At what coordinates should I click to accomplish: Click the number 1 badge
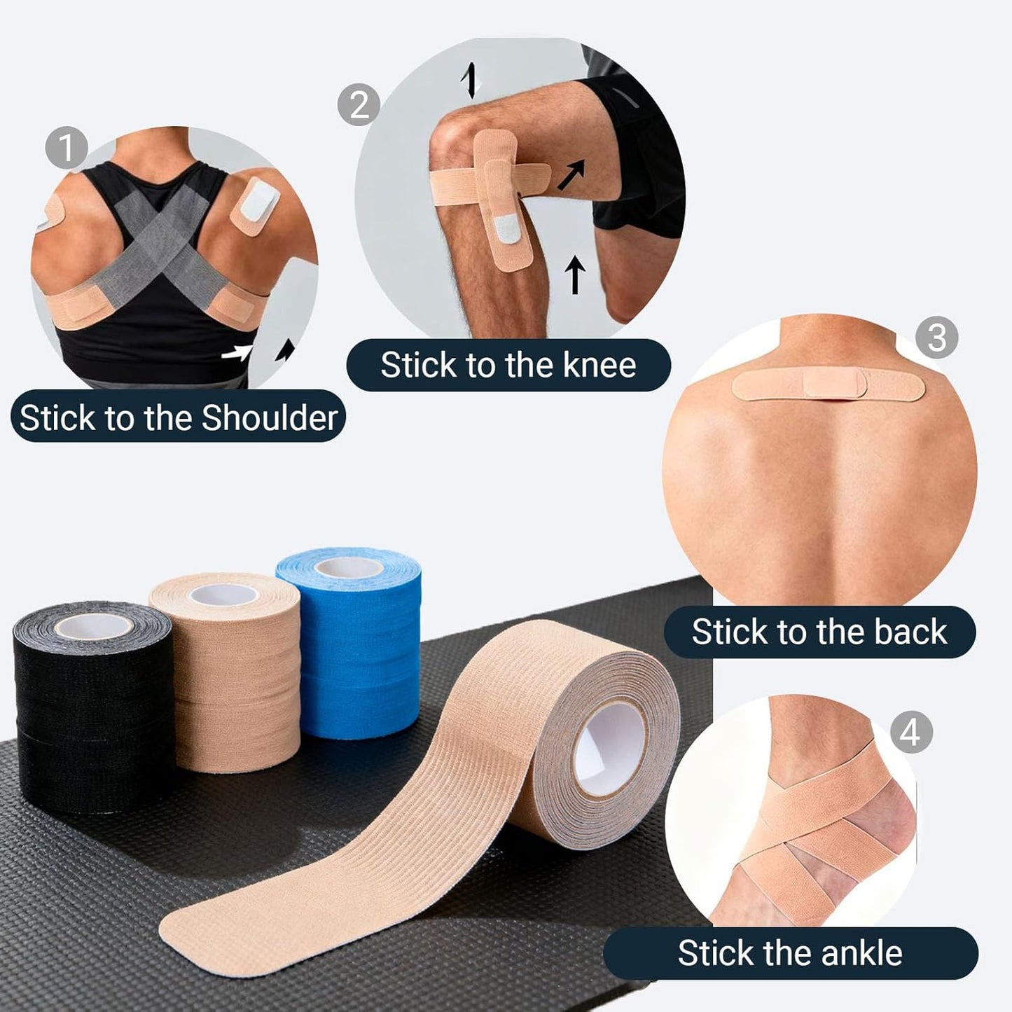click(x=66, y=148)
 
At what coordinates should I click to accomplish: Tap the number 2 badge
click(x=359, y=105)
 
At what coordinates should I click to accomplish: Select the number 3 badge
click(x=936, y=338)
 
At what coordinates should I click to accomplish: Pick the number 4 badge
click(x=910, y=733)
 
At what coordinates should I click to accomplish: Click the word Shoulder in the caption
click(x=270, y=418)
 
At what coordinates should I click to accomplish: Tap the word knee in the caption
click(x=599, y=365)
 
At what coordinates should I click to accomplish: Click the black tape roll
click(x=93, y=707)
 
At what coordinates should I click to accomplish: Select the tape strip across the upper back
click(x=829, y=384)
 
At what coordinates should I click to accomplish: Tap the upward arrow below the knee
click(x=575, y=275)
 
